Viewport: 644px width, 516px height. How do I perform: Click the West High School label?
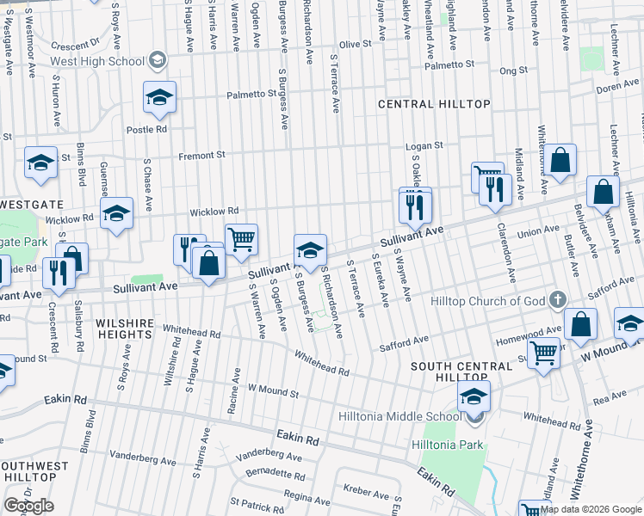click(96, 61)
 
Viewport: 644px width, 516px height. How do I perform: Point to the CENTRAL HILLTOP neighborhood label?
click(434, 104)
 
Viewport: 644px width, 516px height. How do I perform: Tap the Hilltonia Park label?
click(448, 445)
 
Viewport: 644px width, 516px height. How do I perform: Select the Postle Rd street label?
click(146, 130)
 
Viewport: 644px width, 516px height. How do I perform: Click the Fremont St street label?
click(201, 156)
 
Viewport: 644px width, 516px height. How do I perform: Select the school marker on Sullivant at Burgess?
click(310, 249)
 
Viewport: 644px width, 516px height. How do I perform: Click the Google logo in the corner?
click(28, 506)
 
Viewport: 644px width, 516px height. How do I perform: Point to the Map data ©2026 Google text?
click(590, 509)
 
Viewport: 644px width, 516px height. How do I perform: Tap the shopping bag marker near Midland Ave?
click(560, 160)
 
